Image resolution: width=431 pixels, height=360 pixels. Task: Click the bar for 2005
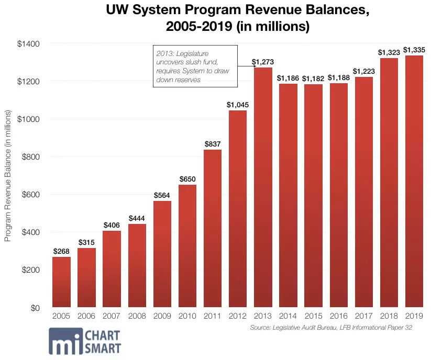point(61,282)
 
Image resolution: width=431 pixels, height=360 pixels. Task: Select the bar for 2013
point(263,187)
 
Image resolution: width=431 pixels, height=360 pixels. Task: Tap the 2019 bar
point(414,181)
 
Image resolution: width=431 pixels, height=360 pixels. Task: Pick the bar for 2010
point(187,246)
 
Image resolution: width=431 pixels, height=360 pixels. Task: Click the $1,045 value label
point(238,105)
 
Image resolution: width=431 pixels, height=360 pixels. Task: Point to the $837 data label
point(213,144)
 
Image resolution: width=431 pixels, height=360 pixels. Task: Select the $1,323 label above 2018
point(389,52)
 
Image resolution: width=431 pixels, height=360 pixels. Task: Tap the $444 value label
point(137,218)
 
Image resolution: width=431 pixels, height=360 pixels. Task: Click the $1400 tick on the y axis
point(28,44)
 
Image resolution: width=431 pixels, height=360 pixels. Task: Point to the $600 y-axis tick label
point(31,195)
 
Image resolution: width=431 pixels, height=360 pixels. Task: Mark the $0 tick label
point(35,308)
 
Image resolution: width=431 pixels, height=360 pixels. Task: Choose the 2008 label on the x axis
point(137,316)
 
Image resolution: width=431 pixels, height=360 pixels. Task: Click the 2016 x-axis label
point(339,316)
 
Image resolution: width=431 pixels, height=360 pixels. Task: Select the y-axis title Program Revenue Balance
point(8,176)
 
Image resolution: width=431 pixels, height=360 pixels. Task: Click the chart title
point(238,18)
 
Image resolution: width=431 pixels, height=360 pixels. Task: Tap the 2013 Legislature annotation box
point(195,66)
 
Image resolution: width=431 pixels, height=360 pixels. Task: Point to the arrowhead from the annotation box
point(255,66)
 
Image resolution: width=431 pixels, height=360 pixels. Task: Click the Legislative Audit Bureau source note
point(331,328)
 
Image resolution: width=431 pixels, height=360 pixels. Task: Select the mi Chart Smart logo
point(85,341)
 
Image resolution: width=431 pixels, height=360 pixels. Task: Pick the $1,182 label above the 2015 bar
point(313,79)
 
